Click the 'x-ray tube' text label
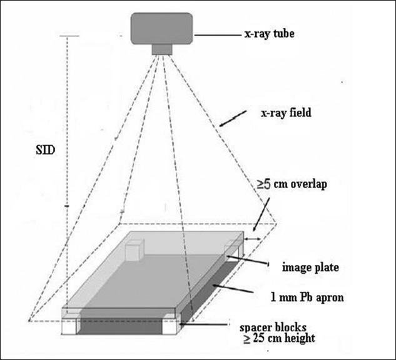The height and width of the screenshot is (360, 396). [268, 34]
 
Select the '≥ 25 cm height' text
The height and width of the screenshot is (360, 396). [280, 339]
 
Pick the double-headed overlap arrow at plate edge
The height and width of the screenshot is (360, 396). [252, 238]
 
